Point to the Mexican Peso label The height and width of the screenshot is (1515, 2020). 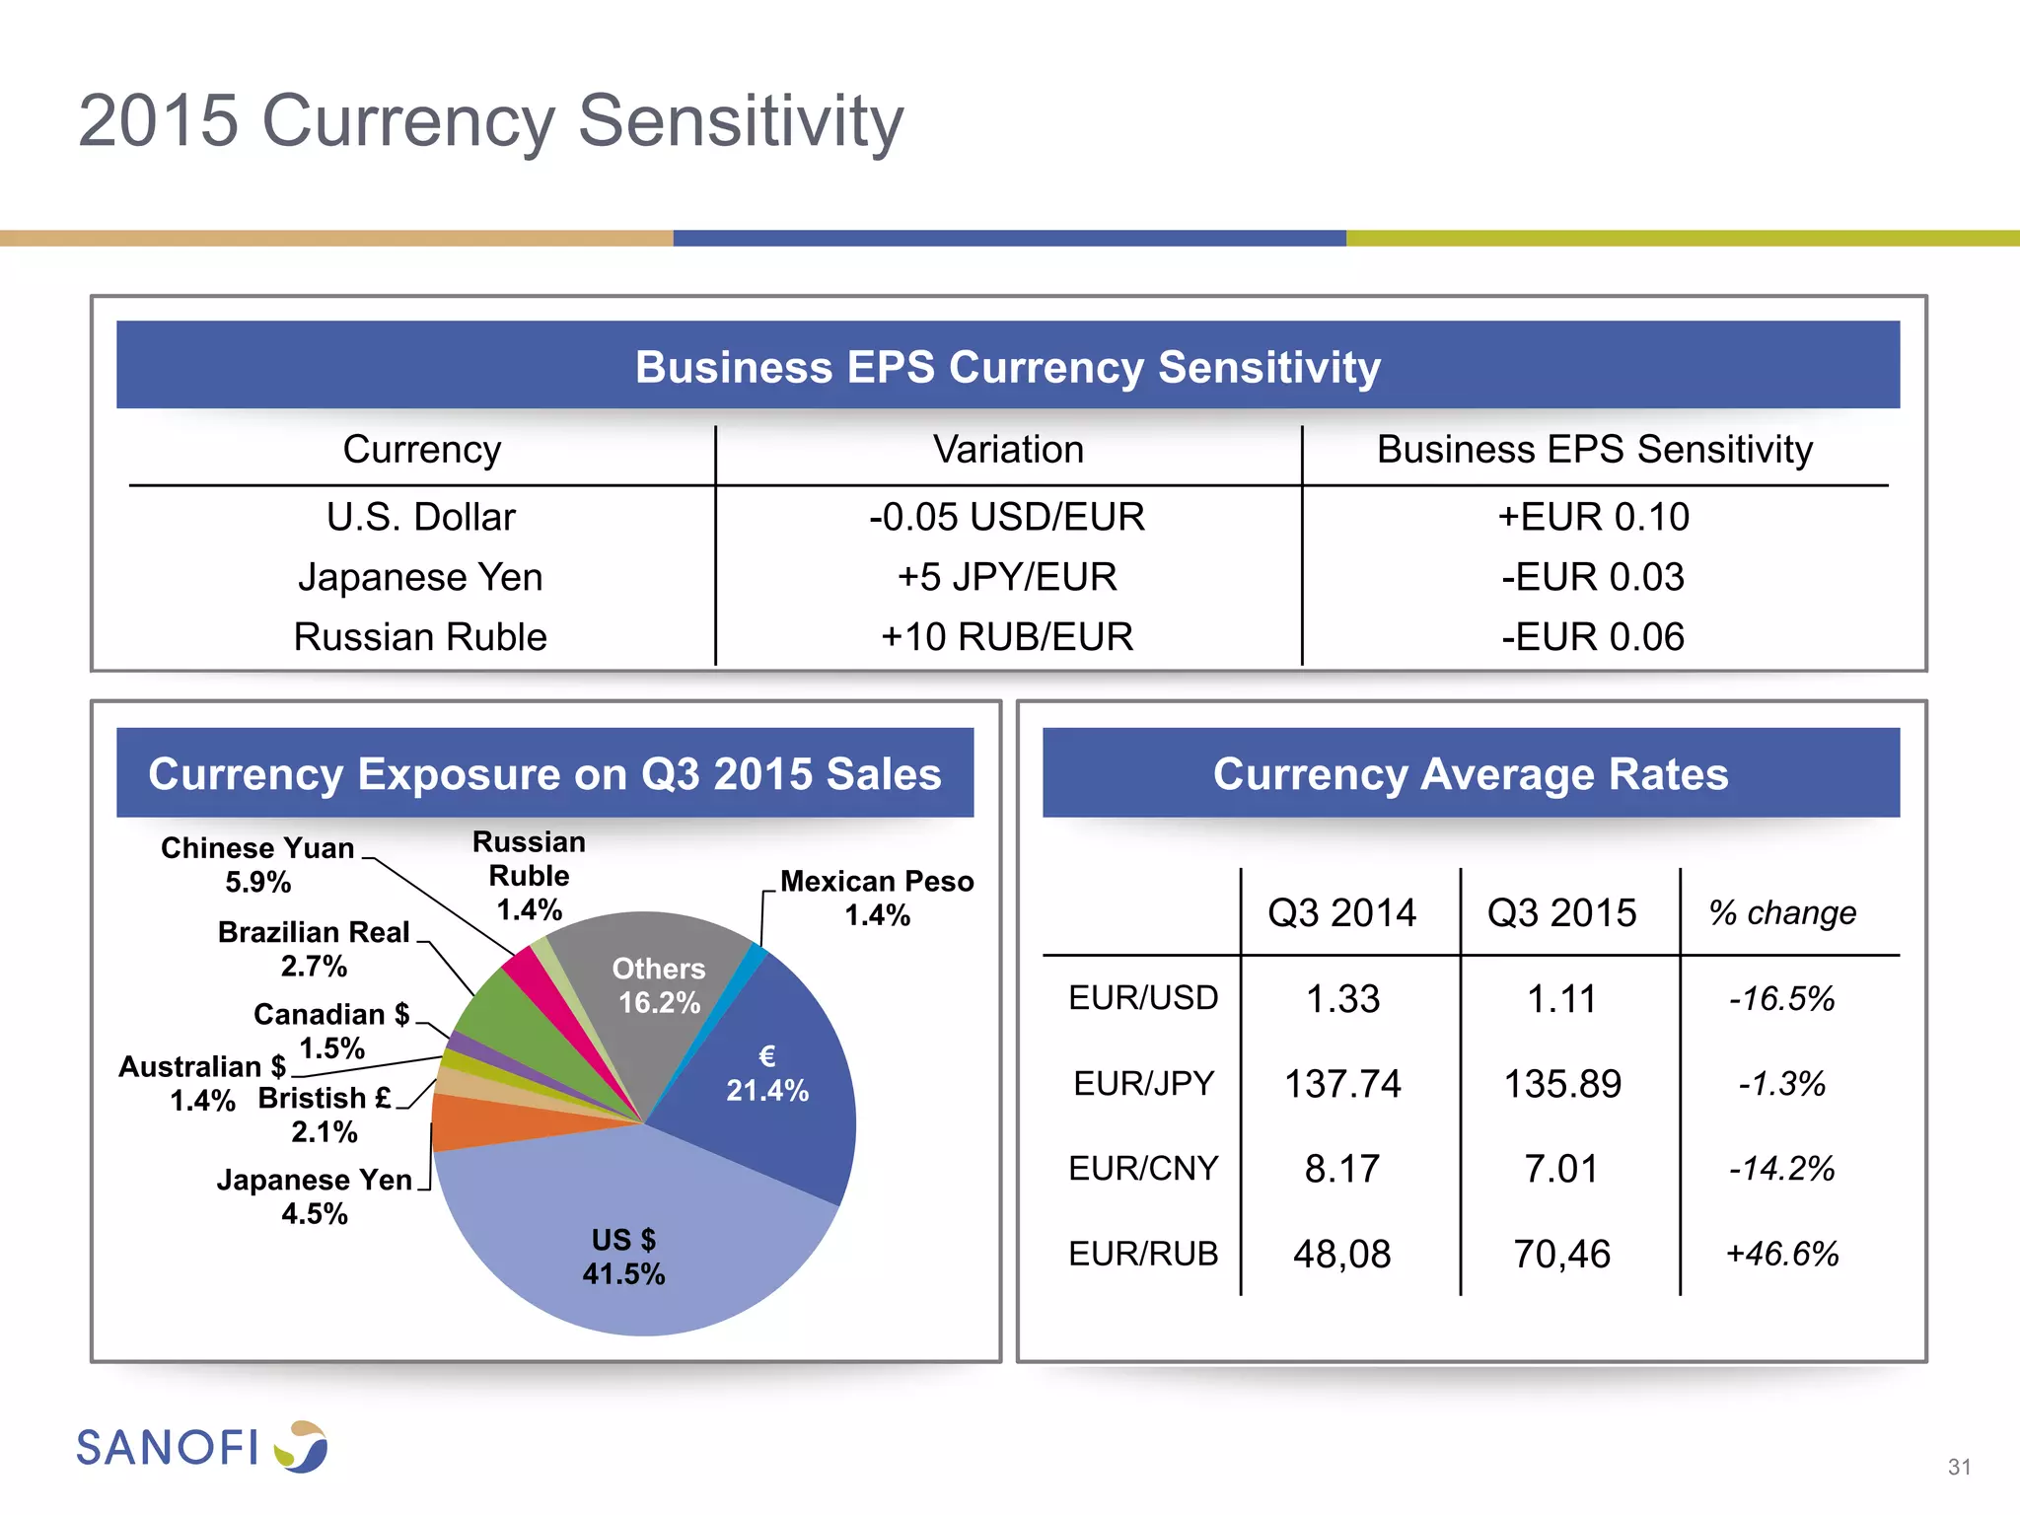877,898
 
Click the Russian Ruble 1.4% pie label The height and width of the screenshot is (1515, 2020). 530,876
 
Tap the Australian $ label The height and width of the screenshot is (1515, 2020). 202,1082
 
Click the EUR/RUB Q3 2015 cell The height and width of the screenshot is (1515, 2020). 1561,1254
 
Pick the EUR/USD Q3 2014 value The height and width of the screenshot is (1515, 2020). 1342,999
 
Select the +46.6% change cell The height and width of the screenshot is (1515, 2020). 1781,1254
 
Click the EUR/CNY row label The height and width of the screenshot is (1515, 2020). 1143,1169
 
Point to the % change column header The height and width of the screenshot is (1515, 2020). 1781,913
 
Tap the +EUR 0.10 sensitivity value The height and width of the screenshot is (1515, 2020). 1593,517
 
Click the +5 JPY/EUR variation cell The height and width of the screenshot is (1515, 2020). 1007,577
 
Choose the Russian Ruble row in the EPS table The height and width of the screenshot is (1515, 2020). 420,637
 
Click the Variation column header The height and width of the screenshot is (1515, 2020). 1008,450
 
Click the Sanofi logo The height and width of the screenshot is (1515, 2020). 201,1447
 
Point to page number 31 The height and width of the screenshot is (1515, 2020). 1959,1467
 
